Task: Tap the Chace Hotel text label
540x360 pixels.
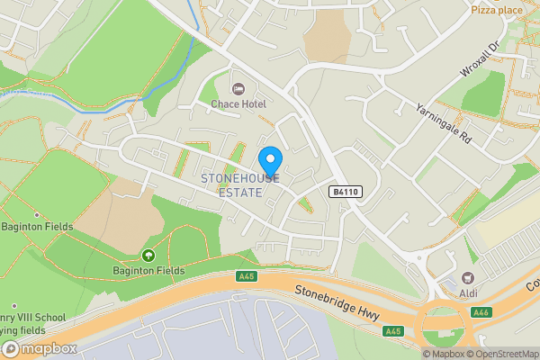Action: click(238, 105)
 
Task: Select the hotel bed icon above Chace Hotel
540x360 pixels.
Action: click(238, 88)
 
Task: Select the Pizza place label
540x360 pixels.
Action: click(497, 11)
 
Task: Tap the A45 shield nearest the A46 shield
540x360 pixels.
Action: click(392, 331)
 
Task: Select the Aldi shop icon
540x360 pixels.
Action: click(468, 278)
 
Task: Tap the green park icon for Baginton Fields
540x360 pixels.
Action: click(148, 255)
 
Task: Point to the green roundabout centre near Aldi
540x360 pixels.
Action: click(442, 320)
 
